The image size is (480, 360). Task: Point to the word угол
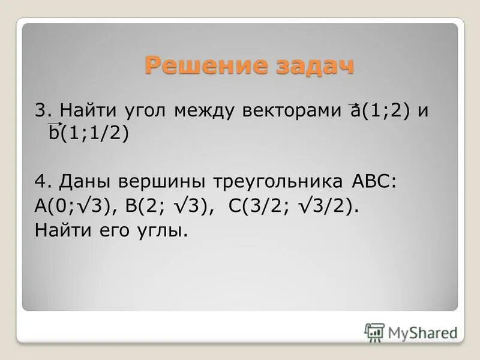pos(145,112)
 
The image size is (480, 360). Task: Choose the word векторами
pos(293,111)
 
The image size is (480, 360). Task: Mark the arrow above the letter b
pos(55,123)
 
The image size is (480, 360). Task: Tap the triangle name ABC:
pos(371,182)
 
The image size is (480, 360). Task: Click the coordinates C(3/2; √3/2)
pos(293,206)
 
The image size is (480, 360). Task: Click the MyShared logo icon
pos(374,332)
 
